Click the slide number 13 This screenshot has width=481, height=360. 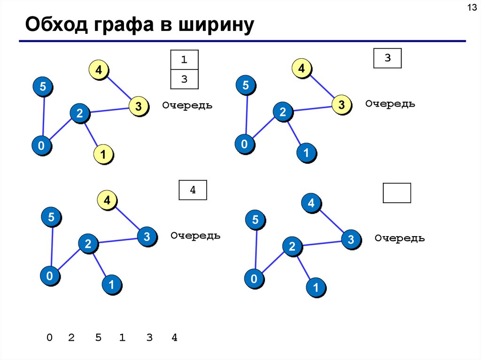tap(471, 8)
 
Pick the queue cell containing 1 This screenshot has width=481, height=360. tap(184, 60)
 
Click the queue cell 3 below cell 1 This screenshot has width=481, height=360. tap(184, 79)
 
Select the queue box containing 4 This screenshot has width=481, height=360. tap(193, 190)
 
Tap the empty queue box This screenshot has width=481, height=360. tap(397, 192)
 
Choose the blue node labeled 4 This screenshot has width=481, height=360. tap(310, 203)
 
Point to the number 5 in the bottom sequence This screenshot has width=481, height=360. tap(98, 337)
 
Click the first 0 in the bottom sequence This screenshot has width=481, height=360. tap(49, 337)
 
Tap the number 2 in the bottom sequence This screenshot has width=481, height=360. tap(71, 337)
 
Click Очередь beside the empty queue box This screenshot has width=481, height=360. tap(400, 238)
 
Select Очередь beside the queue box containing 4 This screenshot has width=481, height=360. tap(195, 236)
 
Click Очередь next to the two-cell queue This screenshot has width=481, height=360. tap(187, 106)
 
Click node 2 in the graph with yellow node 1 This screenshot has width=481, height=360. tap(79, 113)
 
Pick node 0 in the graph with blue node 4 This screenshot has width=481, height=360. tap(254, 280)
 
